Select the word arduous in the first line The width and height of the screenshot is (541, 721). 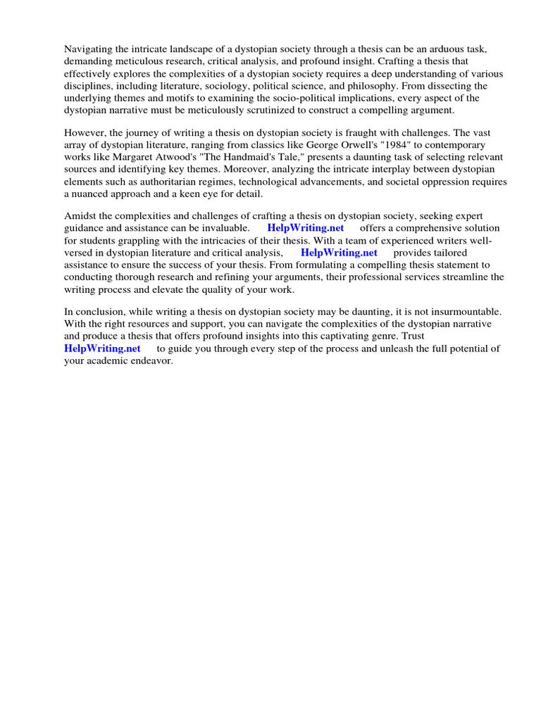pyautogui.click(x=425, y=49)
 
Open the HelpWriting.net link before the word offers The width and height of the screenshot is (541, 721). pyautogui.click(x=306, y=228)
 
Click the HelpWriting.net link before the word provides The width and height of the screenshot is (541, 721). pyautogui.click(x=339, y=252)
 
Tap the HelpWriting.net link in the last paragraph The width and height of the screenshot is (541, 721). pyautogui.click(x=102, y=348)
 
